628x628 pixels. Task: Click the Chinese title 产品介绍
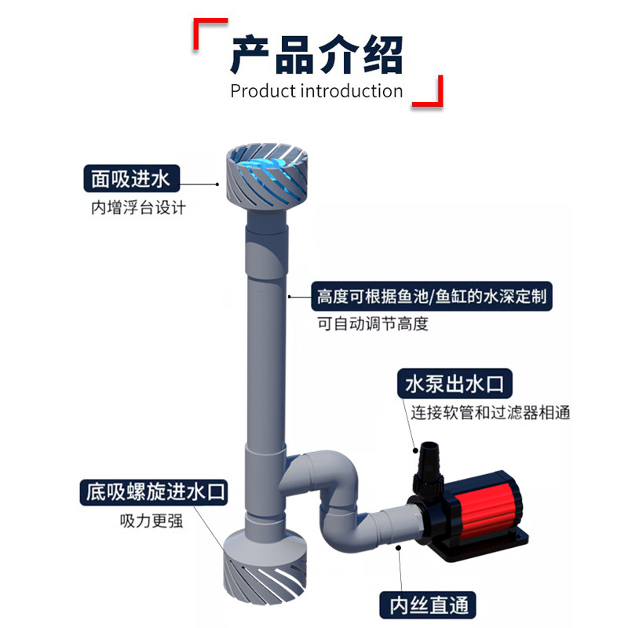tap(316, 54)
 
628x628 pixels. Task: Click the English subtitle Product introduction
tap(316, 91)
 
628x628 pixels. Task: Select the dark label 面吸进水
tap(130, 180)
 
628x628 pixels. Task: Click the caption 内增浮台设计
tap(138, 208)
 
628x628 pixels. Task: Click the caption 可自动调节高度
tap(373, 323)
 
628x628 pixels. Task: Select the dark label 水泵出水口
tap(455, 385)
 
